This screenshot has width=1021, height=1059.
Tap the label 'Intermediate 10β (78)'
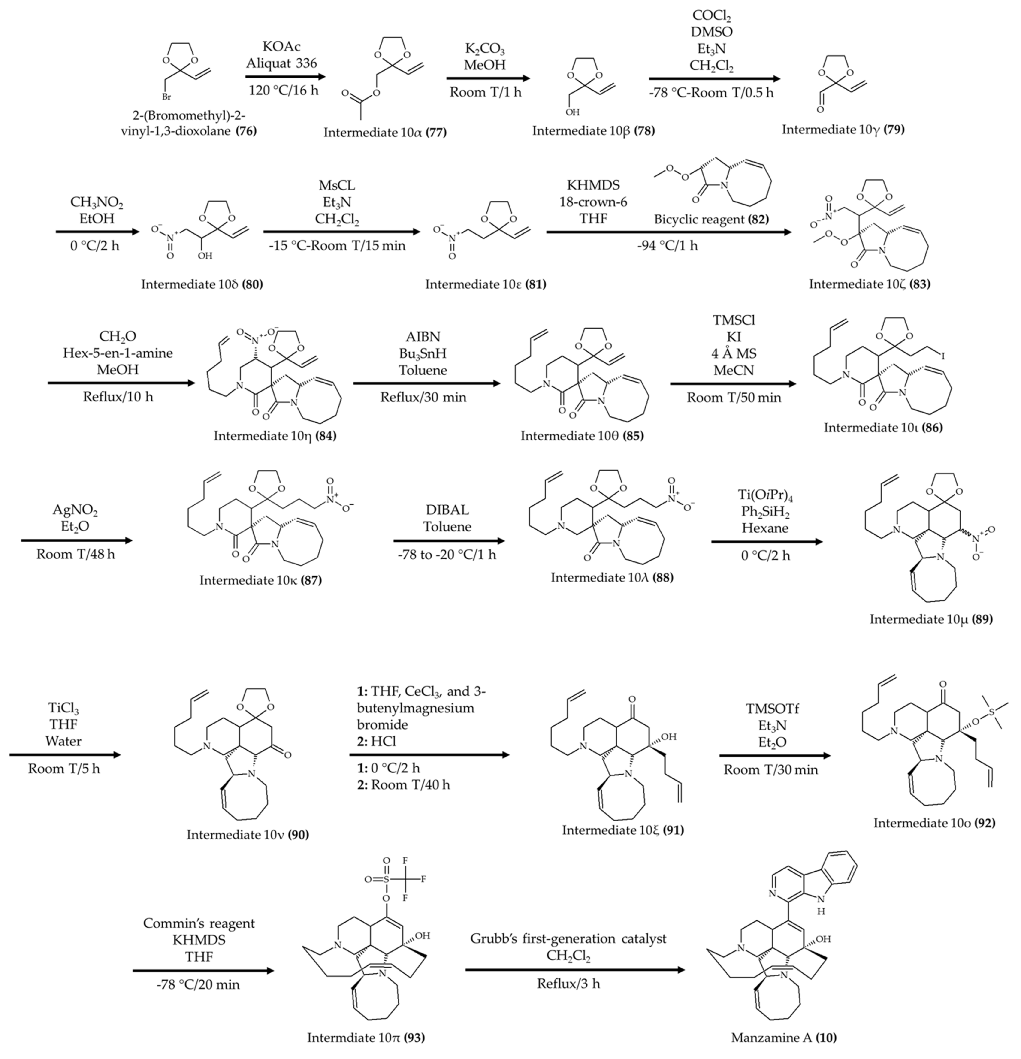pos(593,131)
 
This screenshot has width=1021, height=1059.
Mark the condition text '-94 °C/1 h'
pos(669,246)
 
